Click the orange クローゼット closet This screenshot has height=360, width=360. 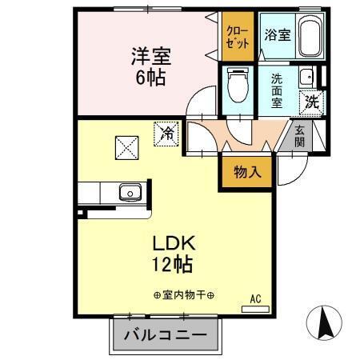tap(237, 35)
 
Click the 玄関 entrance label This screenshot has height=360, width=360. tap(299, 137)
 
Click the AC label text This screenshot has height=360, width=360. tap(256, 298)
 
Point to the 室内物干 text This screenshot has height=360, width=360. tap(184, 294)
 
